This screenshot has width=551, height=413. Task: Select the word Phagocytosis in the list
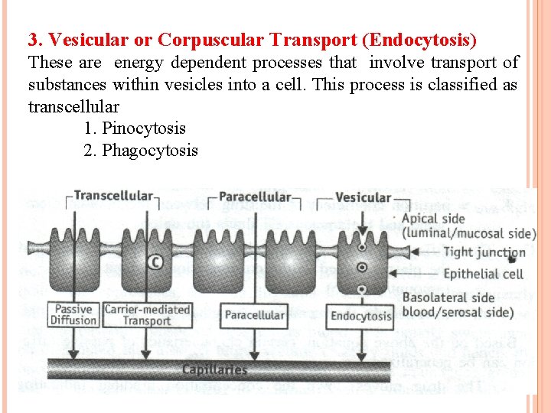pos(150,150)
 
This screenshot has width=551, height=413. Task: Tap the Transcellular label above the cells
pos(112,197)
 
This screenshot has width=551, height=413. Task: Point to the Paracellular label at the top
pos(255,197)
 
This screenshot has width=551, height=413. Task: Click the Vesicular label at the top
pos(363,197)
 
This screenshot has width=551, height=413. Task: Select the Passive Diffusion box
pos(74,314)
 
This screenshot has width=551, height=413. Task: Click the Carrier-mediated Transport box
pos(147,314)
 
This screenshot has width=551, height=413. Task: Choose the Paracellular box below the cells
pos(255,314)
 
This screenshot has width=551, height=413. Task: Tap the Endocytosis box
pos(360,314)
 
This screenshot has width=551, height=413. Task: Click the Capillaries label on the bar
pos(214,369)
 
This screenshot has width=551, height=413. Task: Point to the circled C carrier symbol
pos(155,262)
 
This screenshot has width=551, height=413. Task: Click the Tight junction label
pos(484,252)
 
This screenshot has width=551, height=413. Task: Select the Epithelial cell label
pos(482,273)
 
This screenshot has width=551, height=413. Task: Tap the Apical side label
pos(433,219)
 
